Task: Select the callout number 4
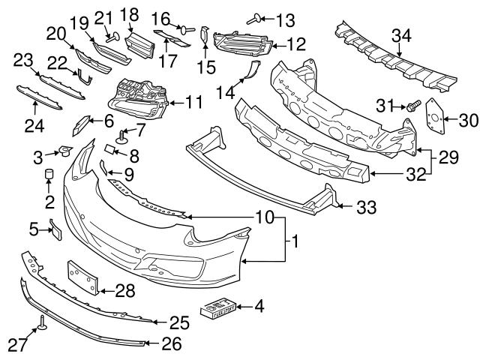click(259, 305)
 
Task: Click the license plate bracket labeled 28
click(82, 278)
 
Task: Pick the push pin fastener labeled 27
click(42, 323)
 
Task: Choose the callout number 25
click(178, 323)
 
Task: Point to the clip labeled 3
click(63, 152)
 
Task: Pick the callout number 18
click(130, 14)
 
